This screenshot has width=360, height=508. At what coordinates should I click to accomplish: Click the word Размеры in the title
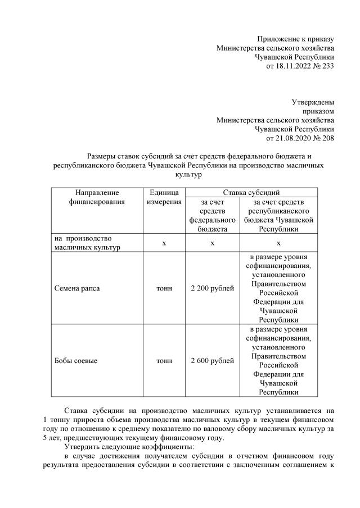coord(103,156)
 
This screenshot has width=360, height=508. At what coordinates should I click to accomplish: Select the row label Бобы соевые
coord(76,361)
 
